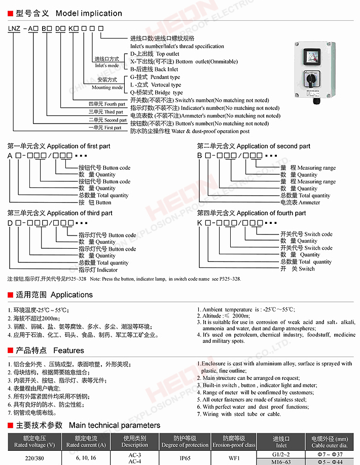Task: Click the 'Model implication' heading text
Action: point(89,13)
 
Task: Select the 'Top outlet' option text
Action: point(167,54)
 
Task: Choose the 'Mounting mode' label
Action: point(107,88)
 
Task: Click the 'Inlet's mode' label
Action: point(107,65)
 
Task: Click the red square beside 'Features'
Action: point(10,351)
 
